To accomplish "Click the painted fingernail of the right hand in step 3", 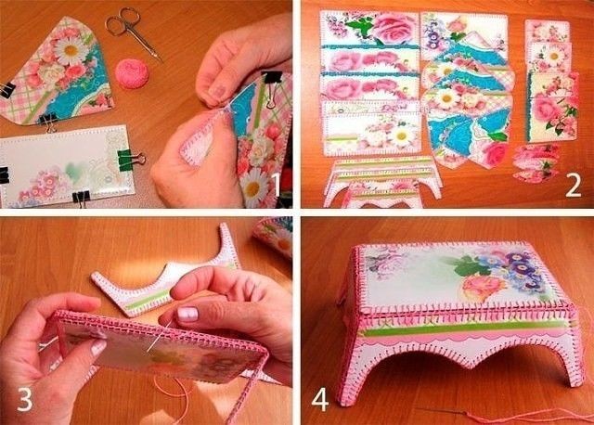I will pos(187,315).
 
